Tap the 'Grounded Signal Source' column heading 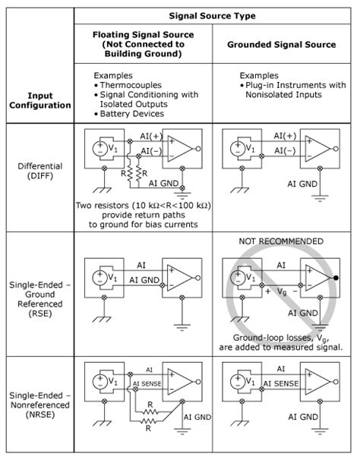(283, 45)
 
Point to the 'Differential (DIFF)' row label (38, 170)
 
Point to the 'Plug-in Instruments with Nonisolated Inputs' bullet (291, 90)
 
